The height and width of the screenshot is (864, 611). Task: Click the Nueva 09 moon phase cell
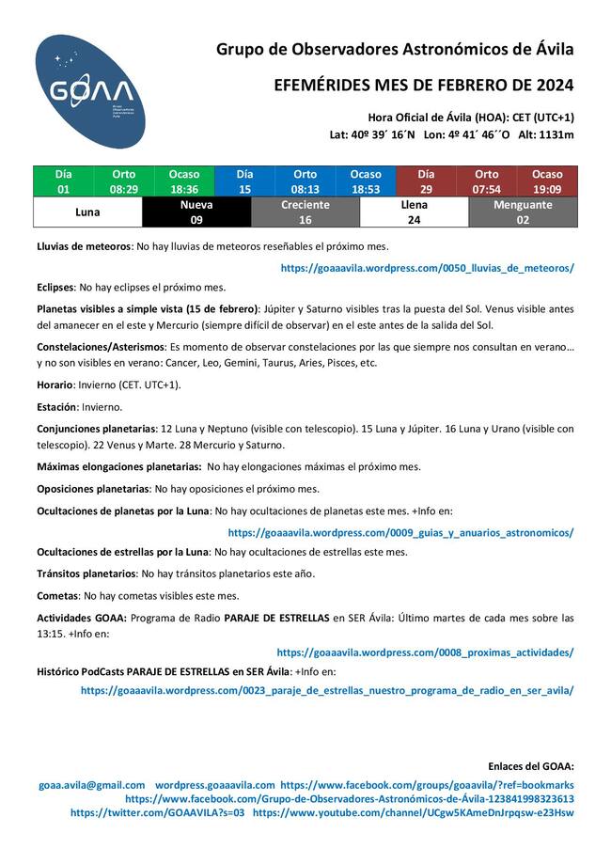click(x=196, y=212)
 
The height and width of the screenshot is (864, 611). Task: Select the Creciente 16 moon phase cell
click(x=305, y=212)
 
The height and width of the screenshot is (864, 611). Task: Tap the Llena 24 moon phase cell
click(x=414, y=212)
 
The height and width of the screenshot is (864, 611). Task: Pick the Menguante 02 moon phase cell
click(x=523, y=212)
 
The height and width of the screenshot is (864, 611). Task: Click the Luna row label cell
click(x=87, y=212)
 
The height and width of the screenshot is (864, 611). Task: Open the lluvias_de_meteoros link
click(x=427, y=268)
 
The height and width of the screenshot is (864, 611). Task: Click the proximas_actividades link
click(x=425, y=652)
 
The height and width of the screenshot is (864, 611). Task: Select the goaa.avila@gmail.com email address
click(x=92, y=785)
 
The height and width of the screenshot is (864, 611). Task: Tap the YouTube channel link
click(x=413, y=812)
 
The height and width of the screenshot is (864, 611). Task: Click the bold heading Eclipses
click(x=55, y=287)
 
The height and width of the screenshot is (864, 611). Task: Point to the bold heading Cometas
click(x=57, y=595)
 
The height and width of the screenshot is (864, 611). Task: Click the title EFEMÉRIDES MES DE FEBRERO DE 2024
click(x=423, y=86)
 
